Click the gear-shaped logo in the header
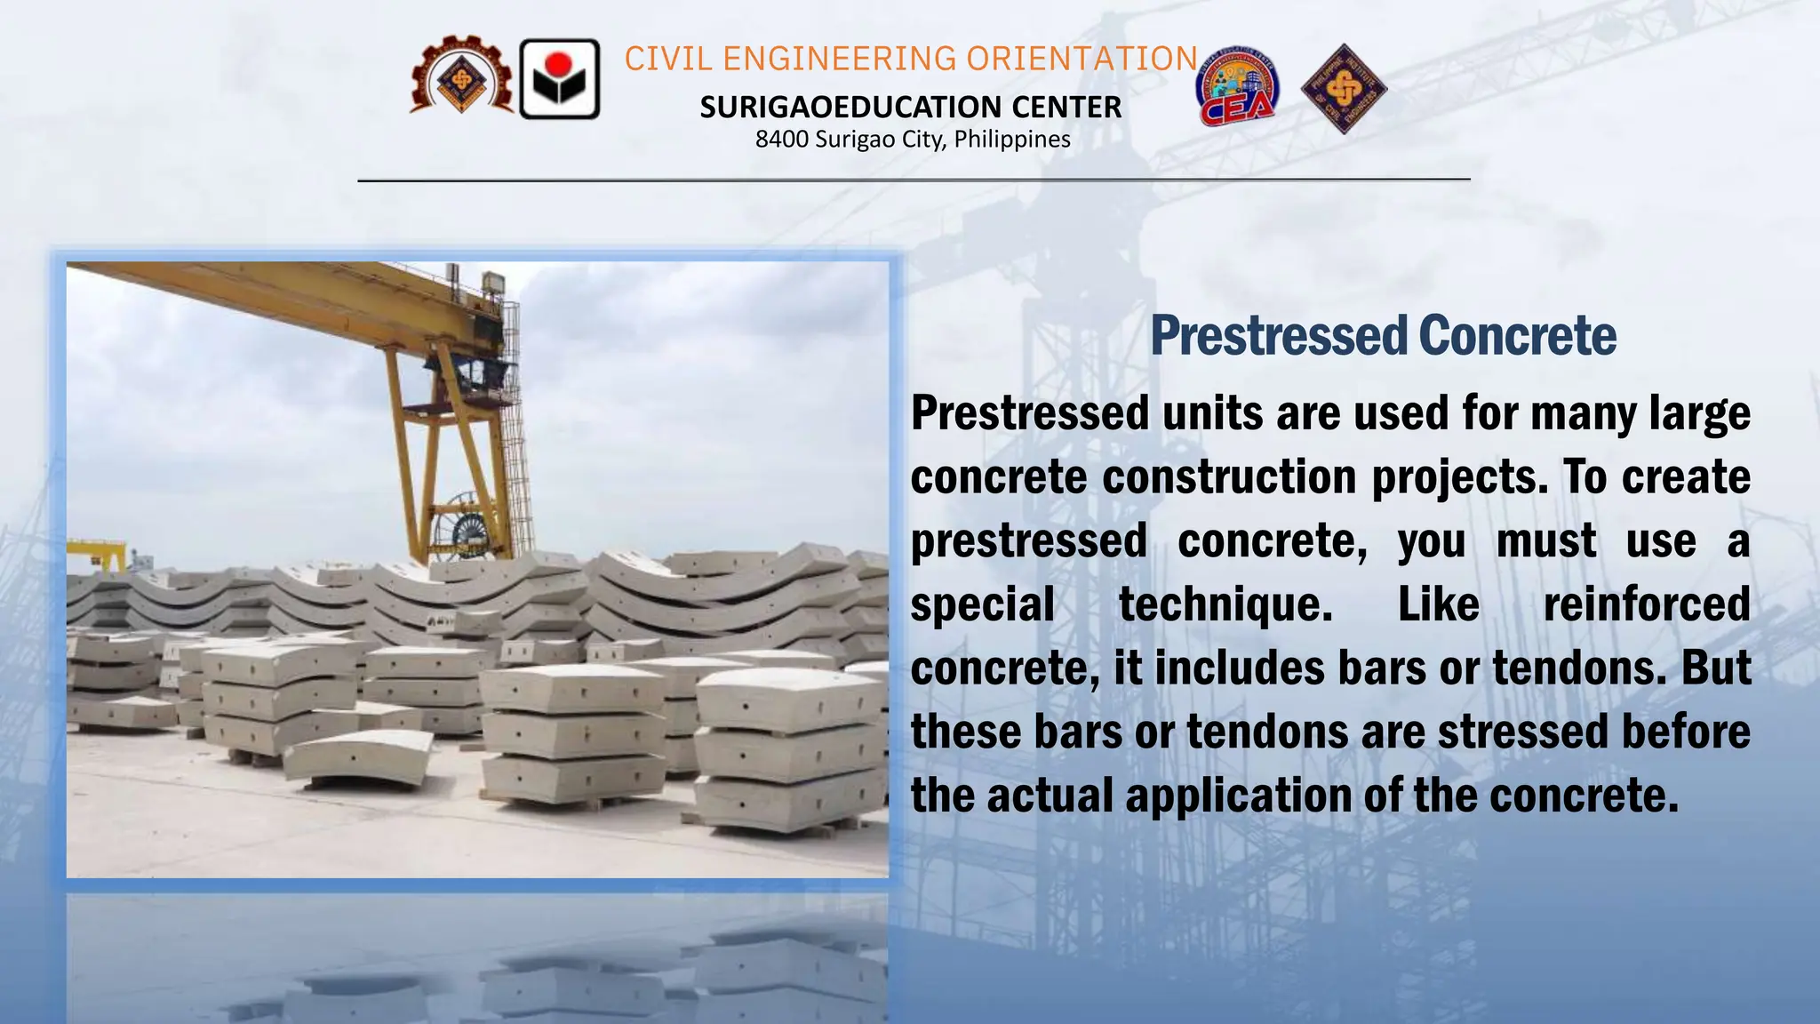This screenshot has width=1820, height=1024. (461, 78)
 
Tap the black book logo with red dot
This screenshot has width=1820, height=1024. (559, 79)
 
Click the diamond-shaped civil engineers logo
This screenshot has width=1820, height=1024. (1344, 89)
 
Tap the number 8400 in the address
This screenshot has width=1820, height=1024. (781, 140)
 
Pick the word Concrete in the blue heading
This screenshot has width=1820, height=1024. (1517, 336)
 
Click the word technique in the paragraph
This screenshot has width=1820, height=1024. (1225, 604)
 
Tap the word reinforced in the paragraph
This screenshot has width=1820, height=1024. (1646, 604)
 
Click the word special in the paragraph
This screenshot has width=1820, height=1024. (982, 604)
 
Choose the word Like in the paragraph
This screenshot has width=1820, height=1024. (1438, 604)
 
